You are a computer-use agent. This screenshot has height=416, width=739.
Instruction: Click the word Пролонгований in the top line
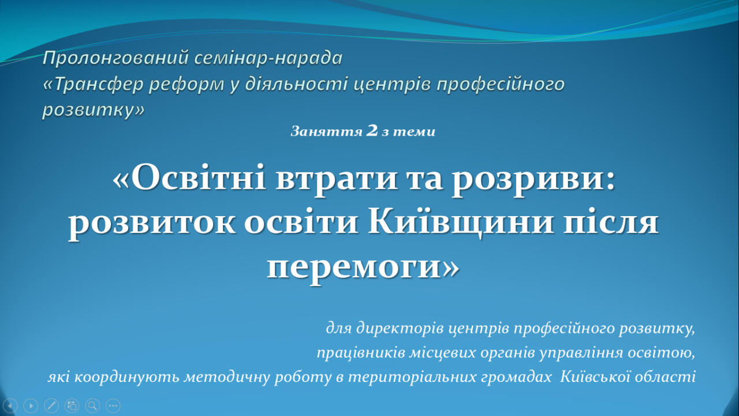pos(115,58)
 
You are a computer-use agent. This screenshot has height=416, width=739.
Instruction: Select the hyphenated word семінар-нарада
pos(268,58)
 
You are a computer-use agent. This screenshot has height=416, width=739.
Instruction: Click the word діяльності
pos(296,84)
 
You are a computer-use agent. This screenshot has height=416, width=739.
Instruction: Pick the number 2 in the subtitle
pos(372,131)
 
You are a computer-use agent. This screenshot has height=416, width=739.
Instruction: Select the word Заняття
pos(327,132)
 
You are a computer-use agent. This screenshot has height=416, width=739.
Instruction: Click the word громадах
pos(516,377)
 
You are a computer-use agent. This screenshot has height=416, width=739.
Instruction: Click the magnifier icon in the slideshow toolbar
pos(93,406)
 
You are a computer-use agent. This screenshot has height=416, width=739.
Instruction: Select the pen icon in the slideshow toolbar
pos(51,406)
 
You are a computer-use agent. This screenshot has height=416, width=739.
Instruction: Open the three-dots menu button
pos(113,406)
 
